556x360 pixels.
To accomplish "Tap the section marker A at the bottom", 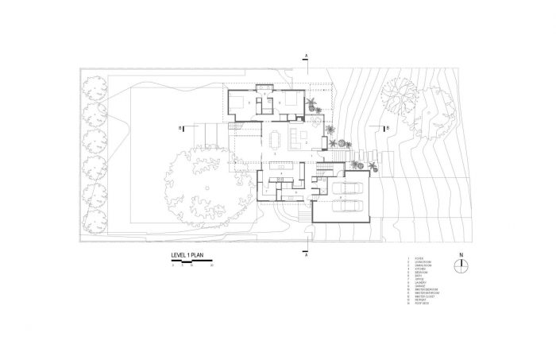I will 306,256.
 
